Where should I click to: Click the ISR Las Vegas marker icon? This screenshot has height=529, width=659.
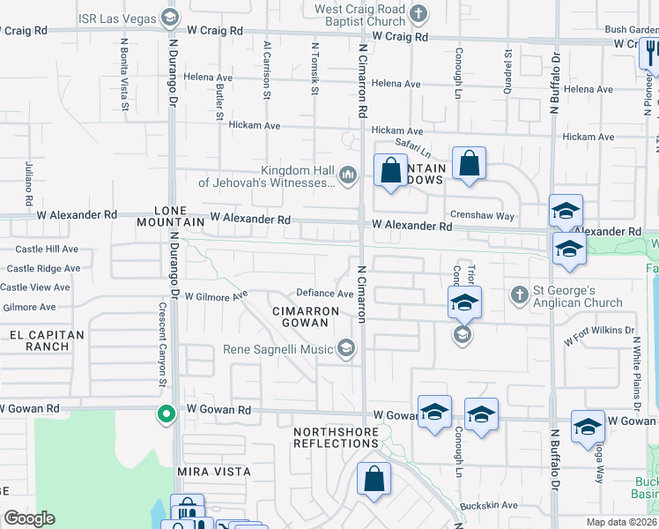(x=170, y=18)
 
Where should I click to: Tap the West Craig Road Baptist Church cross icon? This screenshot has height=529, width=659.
(x=418, y=14)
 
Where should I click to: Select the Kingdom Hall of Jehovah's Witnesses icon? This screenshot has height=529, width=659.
(x=348, y=175)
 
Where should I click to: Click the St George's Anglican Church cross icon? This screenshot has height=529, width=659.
(x=520, y=293)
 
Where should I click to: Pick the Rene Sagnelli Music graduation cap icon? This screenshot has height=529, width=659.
(x=346, y=350)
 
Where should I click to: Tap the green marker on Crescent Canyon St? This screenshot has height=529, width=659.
(x=165, y=414)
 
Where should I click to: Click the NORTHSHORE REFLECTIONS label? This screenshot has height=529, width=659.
(x=336, y=437)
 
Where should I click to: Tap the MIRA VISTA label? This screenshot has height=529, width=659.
(x=214, y=472)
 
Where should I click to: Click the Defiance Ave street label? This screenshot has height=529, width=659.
(x=324, y=294)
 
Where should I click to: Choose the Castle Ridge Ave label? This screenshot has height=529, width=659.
(x=41, y=268)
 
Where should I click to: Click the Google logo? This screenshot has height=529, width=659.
(x=29, y=518)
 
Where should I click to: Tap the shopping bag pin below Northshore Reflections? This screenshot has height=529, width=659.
(x=374, y=480)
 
